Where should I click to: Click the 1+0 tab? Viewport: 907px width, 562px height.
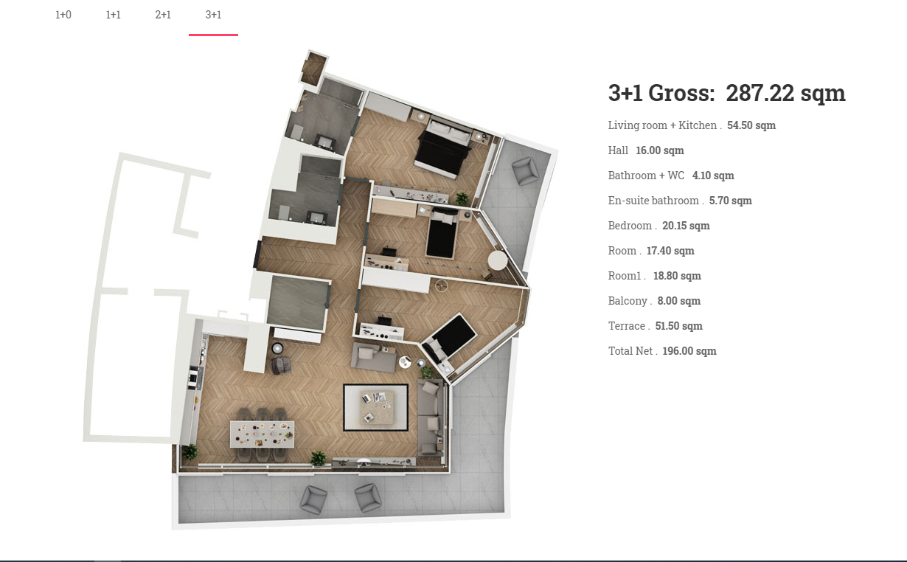point(63,15)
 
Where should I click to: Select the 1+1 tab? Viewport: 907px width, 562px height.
point(113,15)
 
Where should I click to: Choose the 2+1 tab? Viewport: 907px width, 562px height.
point(163,15)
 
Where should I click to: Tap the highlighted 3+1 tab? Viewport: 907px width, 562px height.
point(213,15)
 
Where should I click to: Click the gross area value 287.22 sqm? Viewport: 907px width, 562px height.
point(785,93)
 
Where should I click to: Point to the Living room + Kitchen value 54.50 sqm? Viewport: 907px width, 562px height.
point(751,125)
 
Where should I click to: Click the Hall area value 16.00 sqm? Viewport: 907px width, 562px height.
point(659,150)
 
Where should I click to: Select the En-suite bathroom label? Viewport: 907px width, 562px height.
point(653,201)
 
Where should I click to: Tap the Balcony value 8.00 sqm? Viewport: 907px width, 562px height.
point(678,301)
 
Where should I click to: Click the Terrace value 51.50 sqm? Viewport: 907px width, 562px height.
point(678,326)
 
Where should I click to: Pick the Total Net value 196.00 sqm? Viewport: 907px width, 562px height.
point(689,351)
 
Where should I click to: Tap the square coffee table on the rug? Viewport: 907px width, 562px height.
point(377,407)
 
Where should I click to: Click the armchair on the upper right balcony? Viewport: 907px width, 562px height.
point(525,170)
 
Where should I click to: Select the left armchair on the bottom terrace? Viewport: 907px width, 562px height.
point(313,499)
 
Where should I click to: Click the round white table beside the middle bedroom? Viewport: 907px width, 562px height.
point(497,260)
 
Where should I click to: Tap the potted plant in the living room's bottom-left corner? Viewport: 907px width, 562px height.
point(190,452)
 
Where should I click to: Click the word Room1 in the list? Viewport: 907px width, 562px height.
point(624,276)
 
